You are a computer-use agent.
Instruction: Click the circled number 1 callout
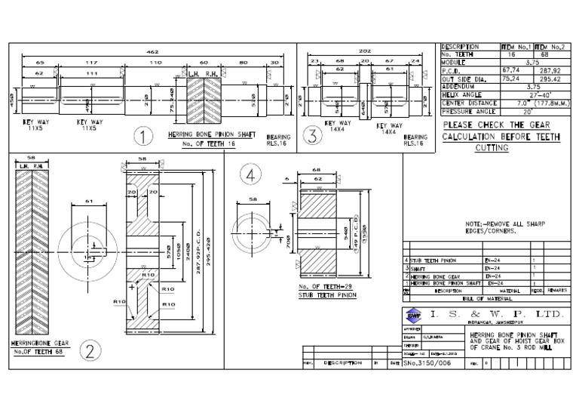(x=141, y=137)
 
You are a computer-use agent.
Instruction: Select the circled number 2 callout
(x=90, y=351)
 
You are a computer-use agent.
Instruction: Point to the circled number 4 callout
(x=251, y=175)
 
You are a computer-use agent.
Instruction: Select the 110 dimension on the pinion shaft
(x=155, y=63)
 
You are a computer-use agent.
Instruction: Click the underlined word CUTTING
(x=492, y=148)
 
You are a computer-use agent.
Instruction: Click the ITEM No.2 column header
(x=555, y=47)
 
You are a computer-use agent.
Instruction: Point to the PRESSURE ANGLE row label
(x=467, y=112)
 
